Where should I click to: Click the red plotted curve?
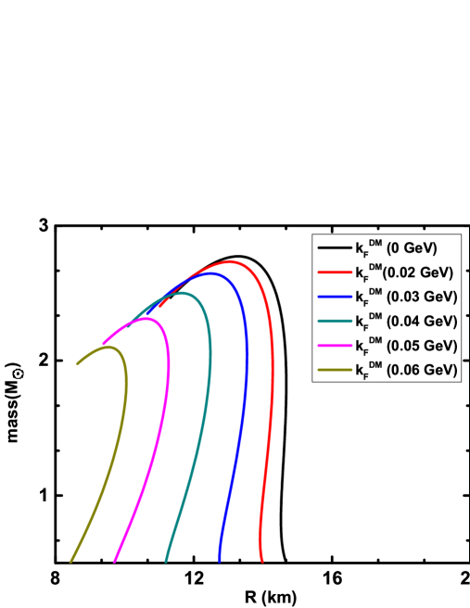pyautogui.click(x=272, y=389)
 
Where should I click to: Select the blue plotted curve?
pyautogui.click(x=246, y=389)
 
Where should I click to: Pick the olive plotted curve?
pyautogui.click(x=125, y=389)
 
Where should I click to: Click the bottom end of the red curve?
pyautogui.click(x=262, y=561)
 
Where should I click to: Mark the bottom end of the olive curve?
pyautogui.click(x=71, y=561)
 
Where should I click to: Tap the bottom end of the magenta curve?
pyautogui.click(x=115, y=561)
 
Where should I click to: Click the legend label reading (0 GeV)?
pyautogui.click(x=396, y=248)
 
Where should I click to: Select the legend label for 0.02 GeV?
pyautogui.click(x=404, y=272)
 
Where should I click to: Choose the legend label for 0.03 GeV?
pyautogui.click(x=406, y=297)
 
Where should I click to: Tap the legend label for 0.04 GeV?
pyautogui.click(x=406, y=321)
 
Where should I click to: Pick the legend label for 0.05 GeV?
pyautogui.click(x=406, y=346)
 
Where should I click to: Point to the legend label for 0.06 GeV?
pyautogui.click(x=406, y=370)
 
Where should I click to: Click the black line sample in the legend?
pyautogui.click(x=335, y=247)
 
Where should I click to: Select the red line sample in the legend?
pyautogui.click(x=335, y=272)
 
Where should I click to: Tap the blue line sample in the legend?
pyautogui.click(x=335, y=297)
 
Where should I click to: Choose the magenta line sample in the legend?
pyautogui.click(x=335, y=346)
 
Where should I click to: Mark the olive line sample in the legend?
pyautogui.click(x=335, y=370)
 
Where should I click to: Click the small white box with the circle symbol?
pyautogui.click(x=18, y=374)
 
